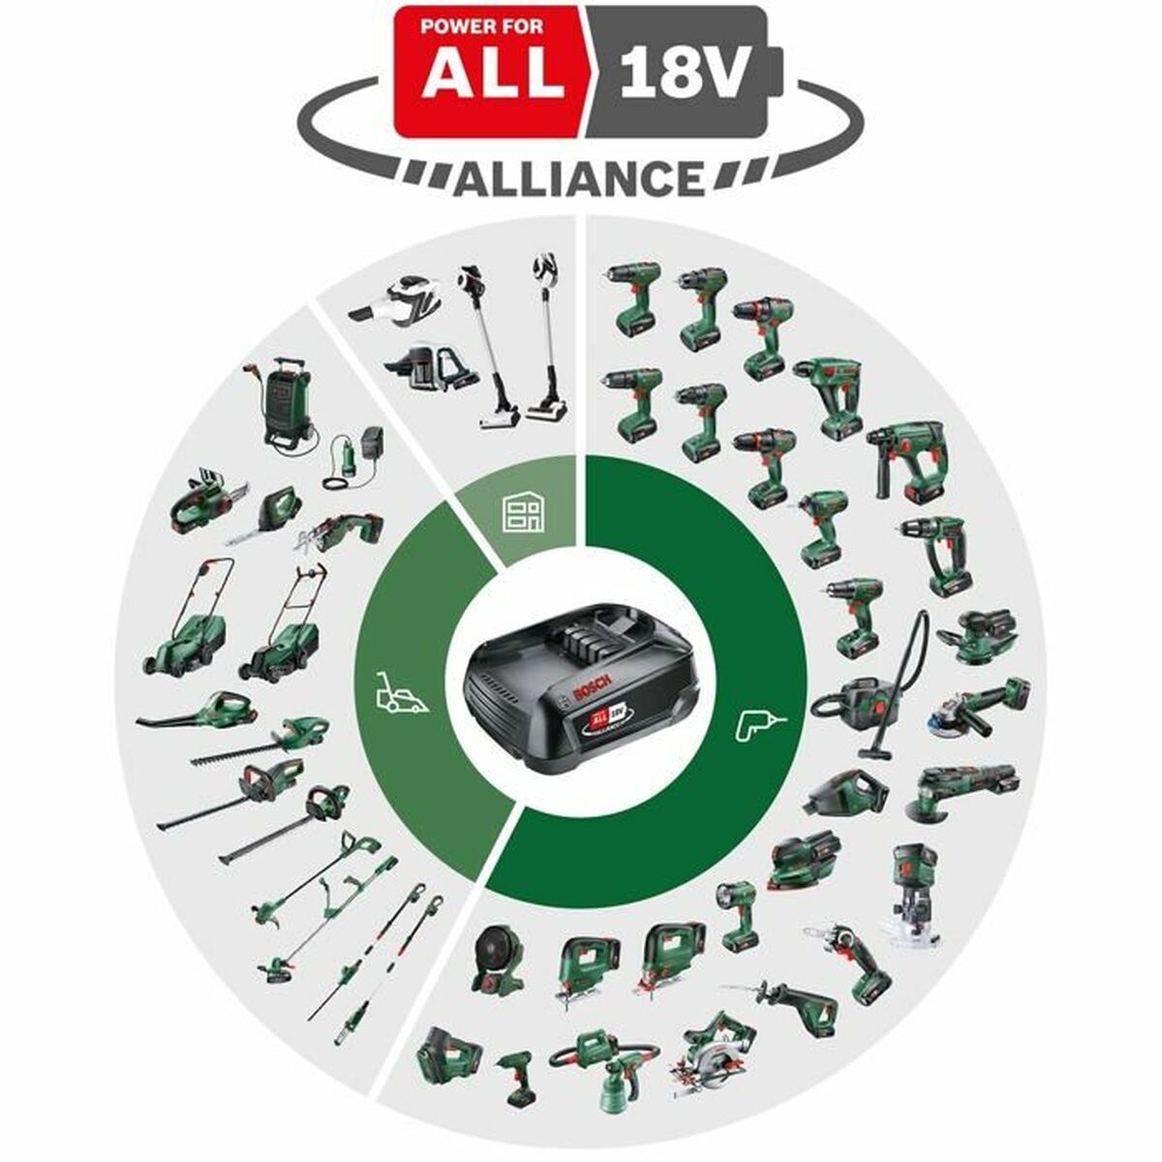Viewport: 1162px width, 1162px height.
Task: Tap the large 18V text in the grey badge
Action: coord(678,77)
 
